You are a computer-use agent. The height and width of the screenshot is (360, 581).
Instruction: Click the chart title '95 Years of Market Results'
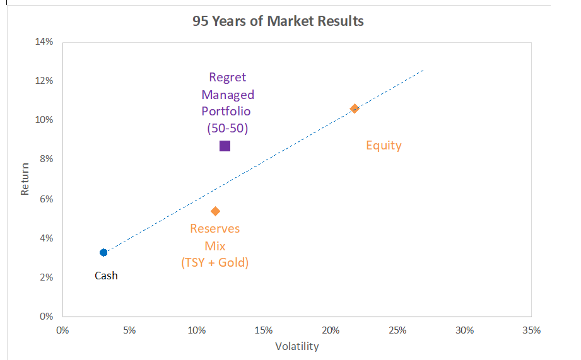(278, 21)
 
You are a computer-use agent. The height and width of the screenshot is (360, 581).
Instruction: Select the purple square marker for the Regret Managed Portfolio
(225, 146)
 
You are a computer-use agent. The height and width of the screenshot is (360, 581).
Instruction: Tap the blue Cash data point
(103, 252)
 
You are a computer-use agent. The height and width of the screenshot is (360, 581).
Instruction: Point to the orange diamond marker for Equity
(355, 108)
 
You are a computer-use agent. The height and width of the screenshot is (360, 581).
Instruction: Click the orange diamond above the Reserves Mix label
(215, 211)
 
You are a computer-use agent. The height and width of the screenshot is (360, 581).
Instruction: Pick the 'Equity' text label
(384, 146)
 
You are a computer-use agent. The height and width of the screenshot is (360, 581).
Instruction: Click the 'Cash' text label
(106, 276)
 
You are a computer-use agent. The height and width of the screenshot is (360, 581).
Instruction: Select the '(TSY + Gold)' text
(215, 262)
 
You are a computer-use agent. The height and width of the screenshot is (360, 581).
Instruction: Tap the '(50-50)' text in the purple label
(227, 128)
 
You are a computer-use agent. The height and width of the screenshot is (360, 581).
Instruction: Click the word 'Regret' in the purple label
(227, 78)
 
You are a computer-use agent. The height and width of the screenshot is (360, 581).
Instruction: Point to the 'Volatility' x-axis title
(297, 346)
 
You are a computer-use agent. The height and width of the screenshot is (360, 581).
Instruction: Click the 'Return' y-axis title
(25, 179)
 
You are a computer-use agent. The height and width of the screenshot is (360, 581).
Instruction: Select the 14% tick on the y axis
(45, 42)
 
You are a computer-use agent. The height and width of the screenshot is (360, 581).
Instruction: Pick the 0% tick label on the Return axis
(47, 316)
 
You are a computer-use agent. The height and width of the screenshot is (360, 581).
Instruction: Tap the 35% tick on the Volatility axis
(531, 330)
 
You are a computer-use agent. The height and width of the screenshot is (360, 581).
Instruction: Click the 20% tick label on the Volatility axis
(331, 330)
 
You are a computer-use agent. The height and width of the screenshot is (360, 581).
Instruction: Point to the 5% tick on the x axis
(129, 330)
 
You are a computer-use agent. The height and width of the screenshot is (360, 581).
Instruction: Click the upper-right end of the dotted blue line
(423, 69)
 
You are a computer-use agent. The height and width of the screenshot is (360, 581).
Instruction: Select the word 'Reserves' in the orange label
(215, 228)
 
